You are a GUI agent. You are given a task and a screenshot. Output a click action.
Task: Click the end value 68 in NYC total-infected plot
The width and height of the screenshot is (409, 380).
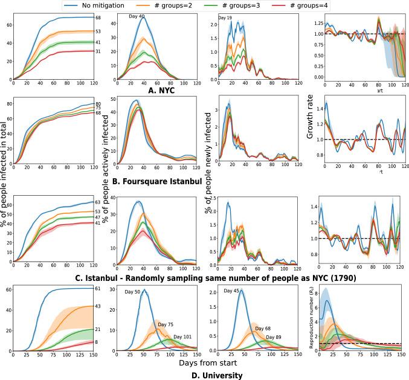pyautogui.click(x=98, y=18)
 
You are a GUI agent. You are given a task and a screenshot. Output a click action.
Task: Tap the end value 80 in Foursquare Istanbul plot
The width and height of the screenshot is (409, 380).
pyautogui.click(x=98, y=104)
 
